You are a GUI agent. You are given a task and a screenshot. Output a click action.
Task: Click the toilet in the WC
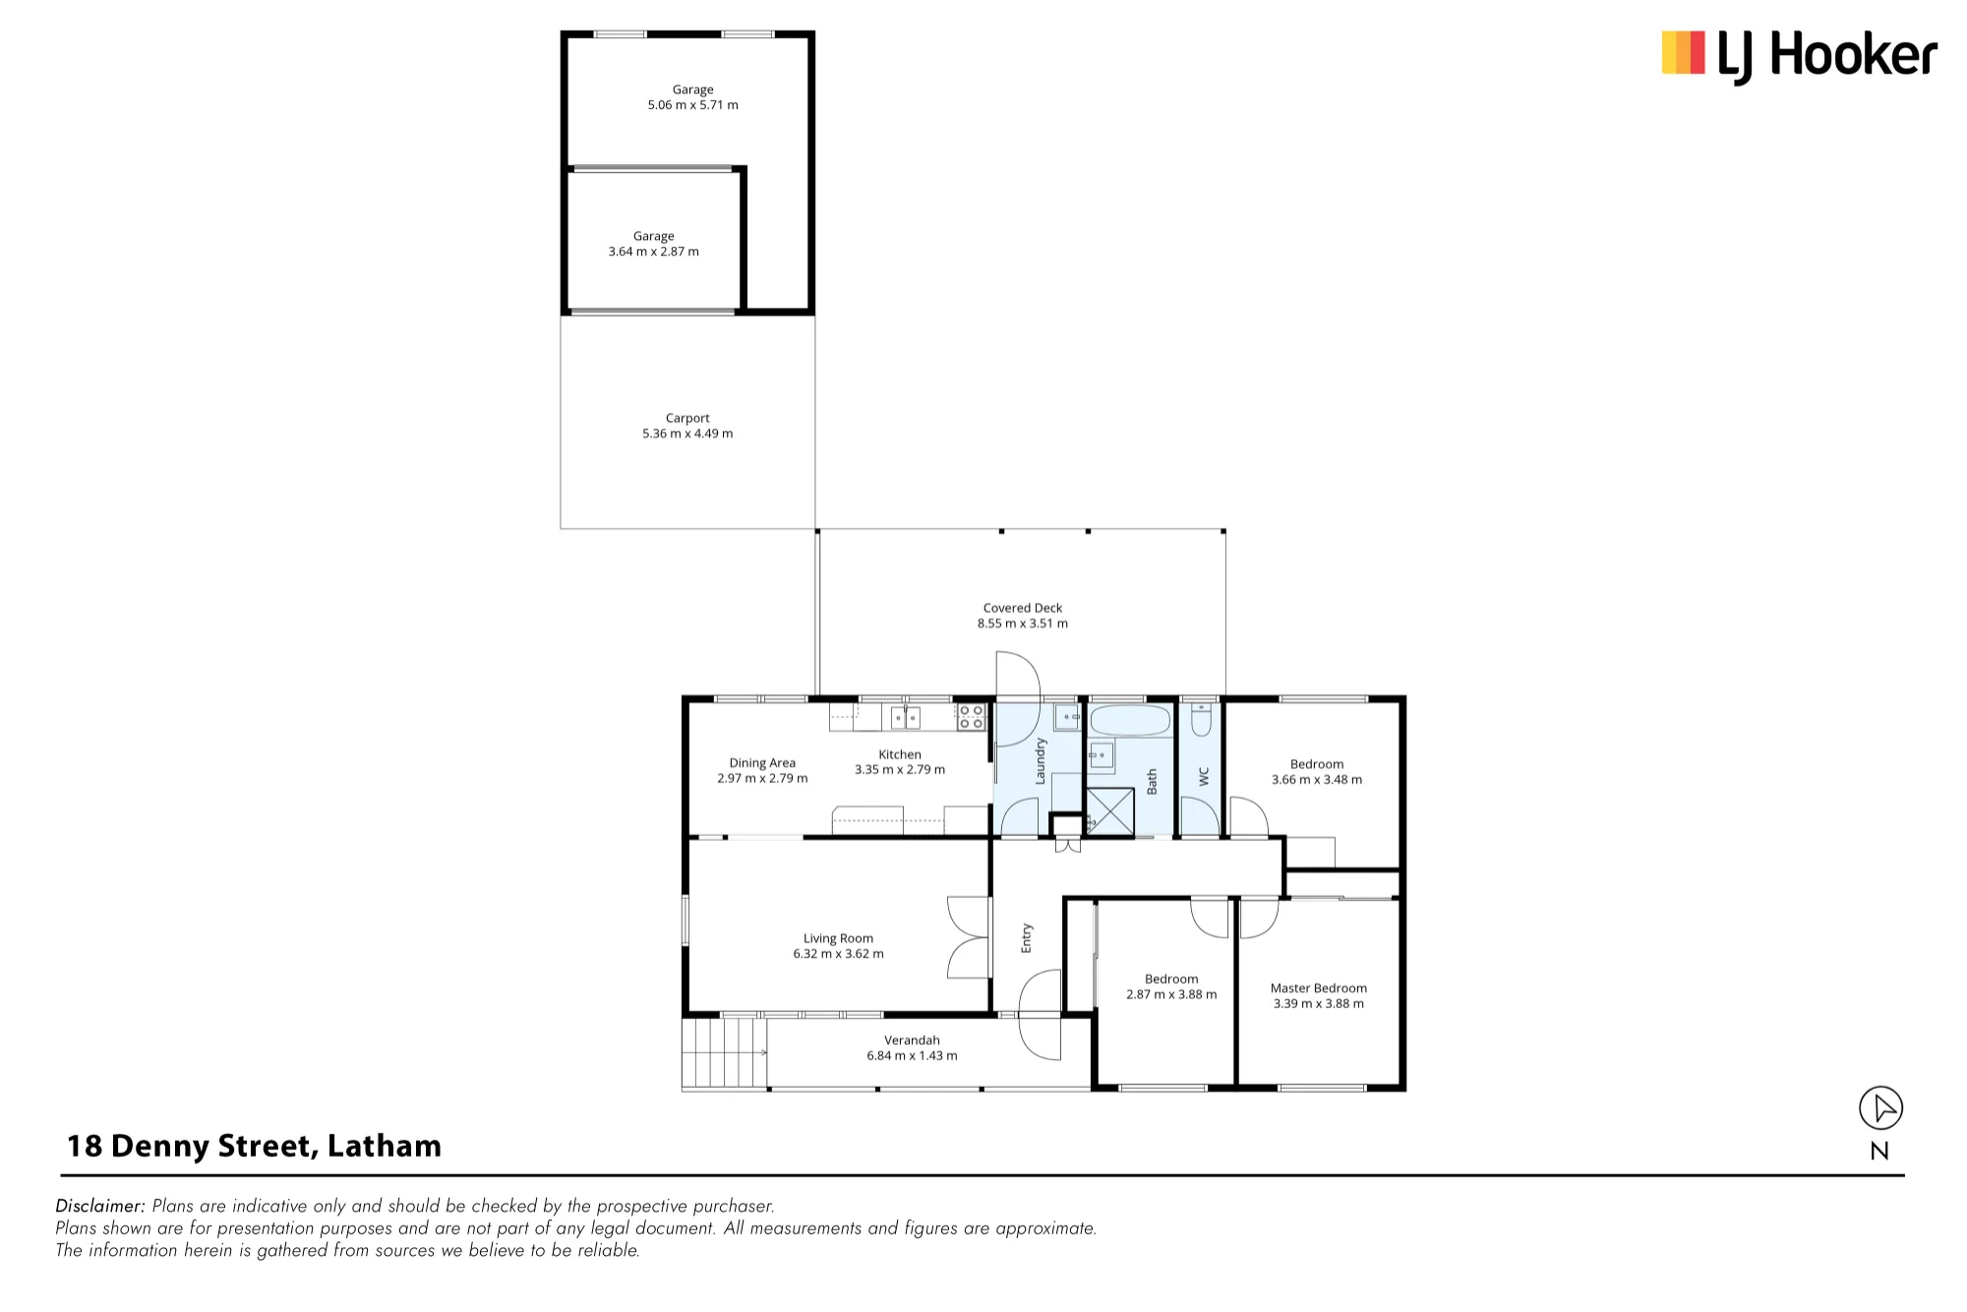tap(1200, 720)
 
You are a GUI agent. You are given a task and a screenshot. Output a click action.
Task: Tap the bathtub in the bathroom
tap(1130, 720)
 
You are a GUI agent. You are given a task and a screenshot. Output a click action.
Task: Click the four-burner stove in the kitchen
tap(971, 717)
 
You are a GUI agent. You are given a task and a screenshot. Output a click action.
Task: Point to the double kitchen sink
tap(906, 718)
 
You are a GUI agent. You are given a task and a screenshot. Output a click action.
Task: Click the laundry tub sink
tap(1068, 717)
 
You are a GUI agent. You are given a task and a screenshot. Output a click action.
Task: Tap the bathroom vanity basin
tap(1102, 756)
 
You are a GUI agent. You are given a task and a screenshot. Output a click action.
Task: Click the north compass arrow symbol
tap(1880, 1108)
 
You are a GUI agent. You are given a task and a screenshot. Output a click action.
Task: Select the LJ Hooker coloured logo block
tap(1683, 52)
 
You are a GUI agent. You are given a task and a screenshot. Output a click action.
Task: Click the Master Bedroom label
tap(1318, 988)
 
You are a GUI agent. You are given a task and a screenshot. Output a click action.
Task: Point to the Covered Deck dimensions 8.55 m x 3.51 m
tap(1023, 624)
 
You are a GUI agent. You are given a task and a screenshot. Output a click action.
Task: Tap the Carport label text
tap(687, 418)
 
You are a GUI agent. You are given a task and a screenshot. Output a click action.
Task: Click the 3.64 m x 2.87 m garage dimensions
tap(654, 252)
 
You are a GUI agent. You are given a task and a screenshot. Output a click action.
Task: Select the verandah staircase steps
tap(724, 1053)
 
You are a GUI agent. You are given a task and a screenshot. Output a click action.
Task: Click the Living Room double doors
tap(969, 936)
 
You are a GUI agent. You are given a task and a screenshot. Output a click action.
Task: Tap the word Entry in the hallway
tap(1027, 938)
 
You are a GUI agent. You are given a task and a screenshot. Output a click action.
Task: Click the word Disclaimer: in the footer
tap(101, 1206)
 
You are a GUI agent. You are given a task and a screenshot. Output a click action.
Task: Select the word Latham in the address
tap(385, 1146)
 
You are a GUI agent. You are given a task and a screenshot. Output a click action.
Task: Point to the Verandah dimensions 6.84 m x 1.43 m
tap(912, 1056)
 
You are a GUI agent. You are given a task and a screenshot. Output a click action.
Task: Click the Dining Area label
tap(762, 763)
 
